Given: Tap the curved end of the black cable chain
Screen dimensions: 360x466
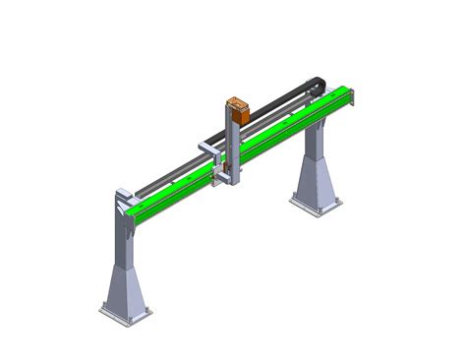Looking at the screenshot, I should tap(314, 92).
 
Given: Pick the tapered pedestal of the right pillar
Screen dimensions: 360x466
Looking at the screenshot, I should tap(316, 182).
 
